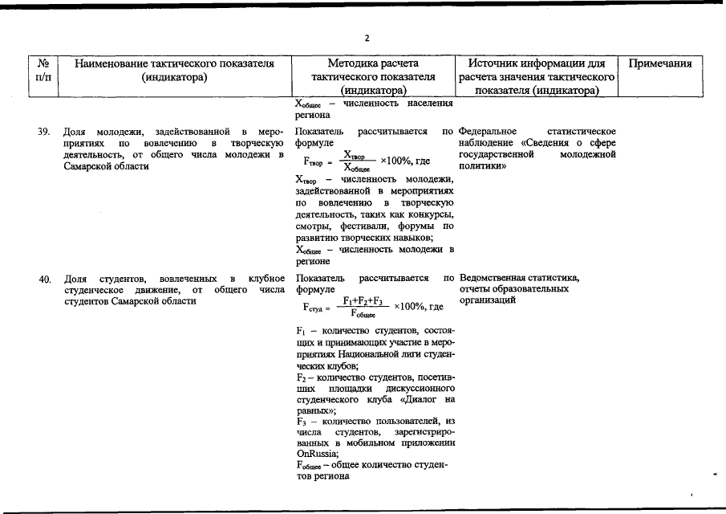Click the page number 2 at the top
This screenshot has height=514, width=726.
(367, 38)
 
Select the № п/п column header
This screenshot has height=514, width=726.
(44, 70)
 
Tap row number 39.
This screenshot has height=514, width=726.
(45, 131)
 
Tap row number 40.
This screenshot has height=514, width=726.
(45, 279)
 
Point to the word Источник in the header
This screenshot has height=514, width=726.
(493, 63)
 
